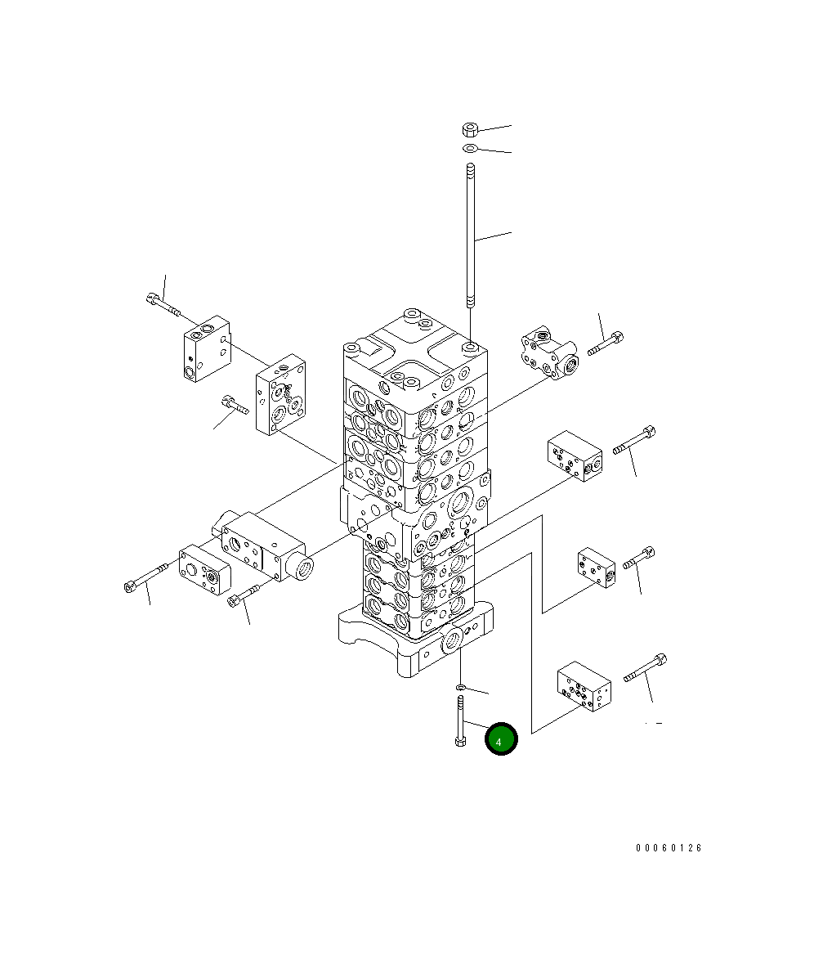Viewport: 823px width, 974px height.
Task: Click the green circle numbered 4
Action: pyautogui.click(x=500, y=739)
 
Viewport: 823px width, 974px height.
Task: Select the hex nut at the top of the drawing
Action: pyautogui.click(x=470, y=130)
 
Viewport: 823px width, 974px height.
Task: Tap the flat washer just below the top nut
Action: pyautogui.click(x=470, y=148)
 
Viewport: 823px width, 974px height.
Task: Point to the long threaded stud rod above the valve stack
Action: pyautogui.click(x=471, y=236)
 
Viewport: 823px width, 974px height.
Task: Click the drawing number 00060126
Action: pyautogui.click(x=669, y=848)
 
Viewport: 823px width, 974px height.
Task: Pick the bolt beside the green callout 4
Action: pyautogui.click(x=460, y=721)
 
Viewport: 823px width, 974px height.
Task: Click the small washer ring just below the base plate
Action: pyautogui.click(x=460, y=687)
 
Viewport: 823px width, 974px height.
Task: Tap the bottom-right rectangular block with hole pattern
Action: pyautogui.click(x=584, y=686)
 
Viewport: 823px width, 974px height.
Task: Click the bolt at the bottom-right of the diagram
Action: pyautogui.click(x=646, y=668)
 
